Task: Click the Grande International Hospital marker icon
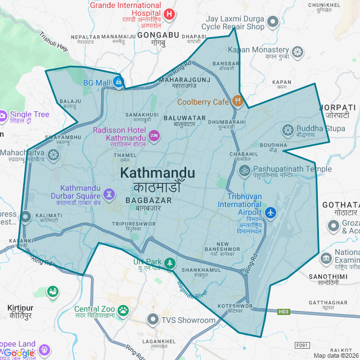click(x=169, y=13)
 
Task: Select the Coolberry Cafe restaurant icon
click(x=238, y=102)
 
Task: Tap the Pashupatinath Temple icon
click(x=244, y=169)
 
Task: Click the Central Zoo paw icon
click(x=123, y=309)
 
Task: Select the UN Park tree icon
click(x=170, y=263)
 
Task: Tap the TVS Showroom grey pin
click(x=153, y=320)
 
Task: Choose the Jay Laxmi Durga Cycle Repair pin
click(x=273, y=22)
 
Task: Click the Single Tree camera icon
click(x=2, y=115)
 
